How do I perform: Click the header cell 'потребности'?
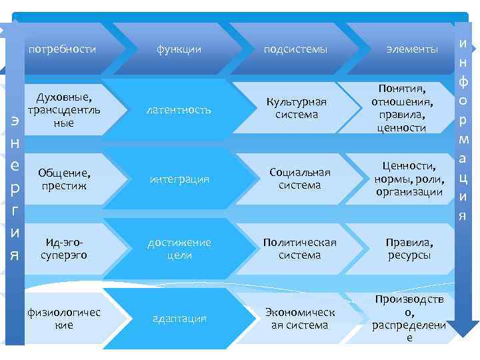63,49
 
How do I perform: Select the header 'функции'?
179,49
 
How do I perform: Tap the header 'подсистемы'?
295,49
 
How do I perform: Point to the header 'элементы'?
413,49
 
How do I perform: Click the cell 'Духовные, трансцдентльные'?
64,106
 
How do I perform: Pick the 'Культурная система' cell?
297,108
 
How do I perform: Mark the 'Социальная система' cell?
299,179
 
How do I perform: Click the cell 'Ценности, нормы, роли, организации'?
409,179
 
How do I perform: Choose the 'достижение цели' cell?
179,249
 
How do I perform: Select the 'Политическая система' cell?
299,249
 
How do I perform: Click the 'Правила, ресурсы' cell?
409,249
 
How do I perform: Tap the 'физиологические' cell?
64,318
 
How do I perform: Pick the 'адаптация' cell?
179,319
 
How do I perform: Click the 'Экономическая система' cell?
299,319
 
